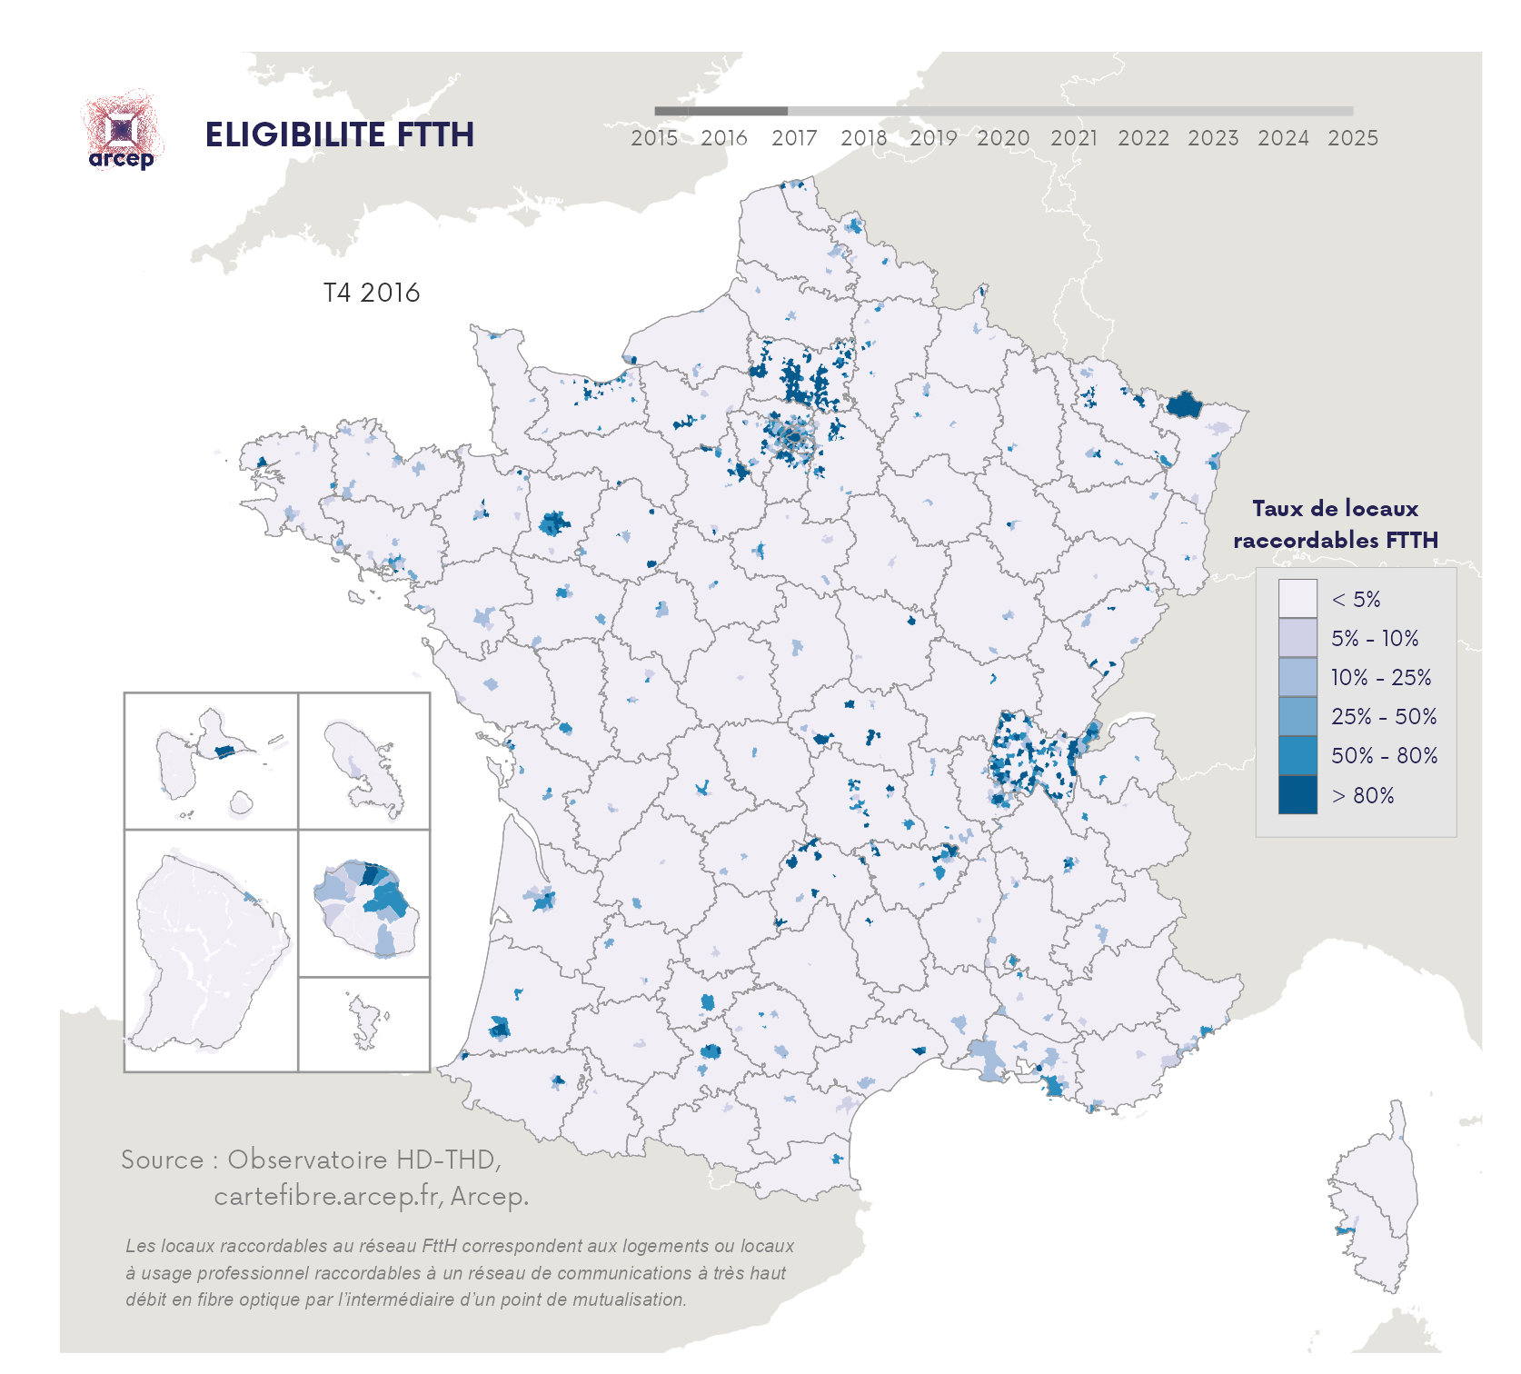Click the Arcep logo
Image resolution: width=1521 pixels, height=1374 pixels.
coord(122,133)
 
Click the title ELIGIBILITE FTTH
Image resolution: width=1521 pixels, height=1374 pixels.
coord(339,134)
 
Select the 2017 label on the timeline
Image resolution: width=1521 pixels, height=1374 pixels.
coord(794,138)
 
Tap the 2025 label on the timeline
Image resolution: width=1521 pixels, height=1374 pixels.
coord(1352,138)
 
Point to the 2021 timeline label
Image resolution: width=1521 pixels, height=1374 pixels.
coord(1073,138)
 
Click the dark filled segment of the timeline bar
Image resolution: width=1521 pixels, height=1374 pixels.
coord(721,111)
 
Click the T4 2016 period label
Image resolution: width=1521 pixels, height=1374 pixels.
coord(372,293)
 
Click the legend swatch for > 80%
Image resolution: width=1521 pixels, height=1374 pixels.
coord(1297,795)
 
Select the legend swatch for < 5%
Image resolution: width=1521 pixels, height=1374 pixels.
coord(1297,599)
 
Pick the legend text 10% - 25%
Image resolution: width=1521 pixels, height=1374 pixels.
coord(1380,677)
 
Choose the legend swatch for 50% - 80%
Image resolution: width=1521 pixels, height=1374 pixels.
coord(1297,755)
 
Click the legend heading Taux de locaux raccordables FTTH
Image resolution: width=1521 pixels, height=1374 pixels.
coord(1335,524)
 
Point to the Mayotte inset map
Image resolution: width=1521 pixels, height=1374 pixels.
coord(365,1023)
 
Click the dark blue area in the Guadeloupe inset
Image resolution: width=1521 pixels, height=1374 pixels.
coord(224,752)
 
